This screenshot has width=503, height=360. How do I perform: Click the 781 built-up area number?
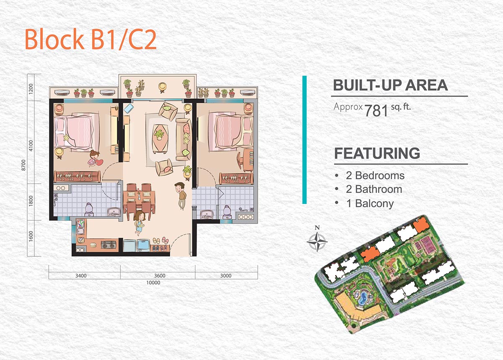point(376,111)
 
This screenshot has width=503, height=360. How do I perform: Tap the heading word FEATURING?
point(377,153)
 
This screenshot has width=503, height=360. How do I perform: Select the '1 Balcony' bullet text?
point(370,203)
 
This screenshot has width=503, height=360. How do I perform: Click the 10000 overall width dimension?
point(153,282)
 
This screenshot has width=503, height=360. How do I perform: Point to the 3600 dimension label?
point(160,276)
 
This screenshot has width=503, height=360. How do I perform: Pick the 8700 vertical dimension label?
point(23,165)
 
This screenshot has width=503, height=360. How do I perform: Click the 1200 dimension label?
point(31,89)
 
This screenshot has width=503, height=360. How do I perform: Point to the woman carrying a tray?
point(140,223)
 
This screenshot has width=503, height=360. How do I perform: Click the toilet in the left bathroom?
point(89,210)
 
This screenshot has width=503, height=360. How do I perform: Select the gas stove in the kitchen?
point(109,244)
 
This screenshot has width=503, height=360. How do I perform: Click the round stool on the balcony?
point(162,86)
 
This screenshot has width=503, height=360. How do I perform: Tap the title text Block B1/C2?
point(91,39)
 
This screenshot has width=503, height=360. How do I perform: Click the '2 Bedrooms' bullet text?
point(375,175)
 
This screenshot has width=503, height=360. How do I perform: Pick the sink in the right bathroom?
point(206,214)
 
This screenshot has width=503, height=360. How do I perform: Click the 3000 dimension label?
point(226,276)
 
